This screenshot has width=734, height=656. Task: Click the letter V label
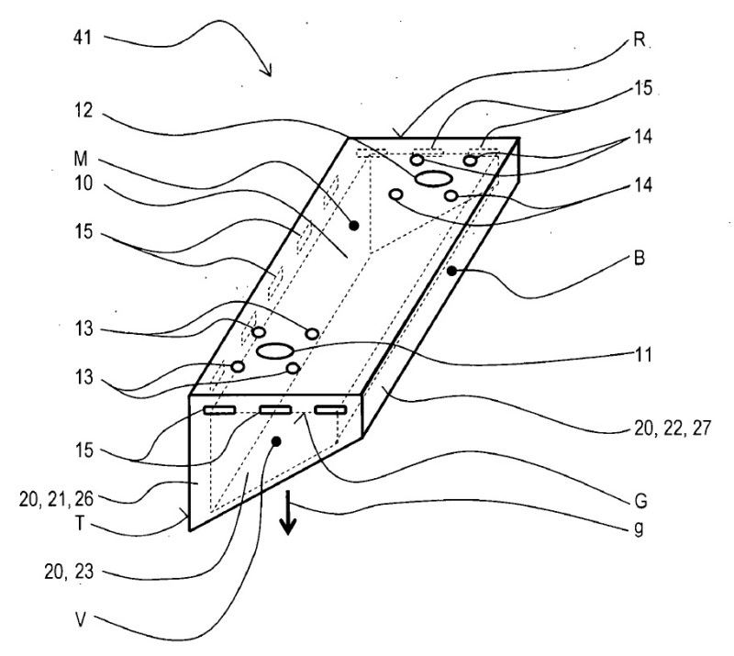click(x=82, y=620)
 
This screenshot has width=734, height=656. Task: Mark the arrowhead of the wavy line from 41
click(x=269, y=72)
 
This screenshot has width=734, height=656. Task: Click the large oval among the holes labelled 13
click(x=274, y=350)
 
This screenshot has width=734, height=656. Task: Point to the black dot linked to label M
click(x=353, y=224)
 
